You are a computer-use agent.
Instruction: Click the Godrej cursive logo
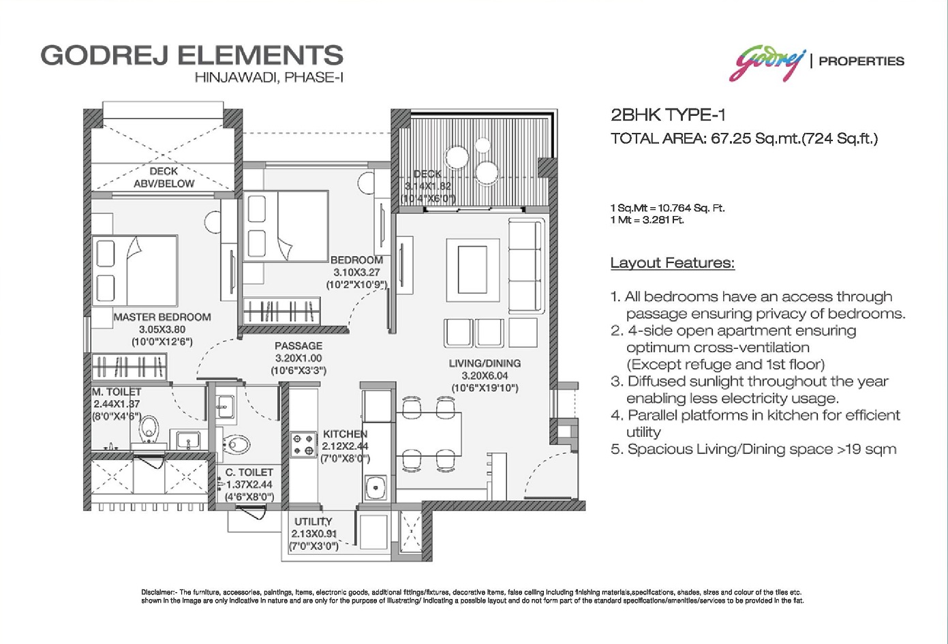coord(767,63)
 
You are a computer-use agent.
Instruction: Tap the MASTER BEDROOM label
coord(162,317)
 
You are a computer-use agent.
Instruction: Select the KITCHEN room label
coord(345,433)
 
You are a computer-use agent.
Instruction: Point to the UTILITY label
coord(314,522)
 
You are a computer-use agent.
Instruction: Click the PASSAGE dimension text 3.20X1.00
coord(299,358)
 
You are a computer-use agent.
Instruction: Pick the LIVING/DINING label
coord(485,363)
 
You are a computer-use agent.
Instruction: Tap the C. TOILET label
coord(249,472)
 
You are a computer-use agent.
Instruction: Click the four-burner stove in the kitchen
coord(303,444)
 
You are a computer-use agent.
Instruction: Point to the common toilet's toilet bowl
coord(236,445)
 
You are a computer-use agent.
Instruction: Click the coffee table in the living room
coord(472,270)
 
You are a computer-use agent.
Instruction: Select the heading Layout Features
coord(673,263)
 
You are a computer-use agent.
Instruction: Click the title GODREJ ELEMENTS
coord(192,55)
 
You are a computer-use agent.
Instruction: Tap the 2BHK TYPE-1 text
coord(669,114)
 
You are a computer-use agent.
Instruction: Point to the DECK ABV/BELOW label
coord(164,177)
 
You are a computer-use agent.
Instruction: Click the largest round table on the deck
coord(457,157)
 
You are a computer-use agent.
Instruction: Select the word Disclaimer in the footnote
coord(157,592)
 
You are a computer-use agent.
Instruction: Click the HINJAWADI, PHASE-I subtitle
coord(269,78)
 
